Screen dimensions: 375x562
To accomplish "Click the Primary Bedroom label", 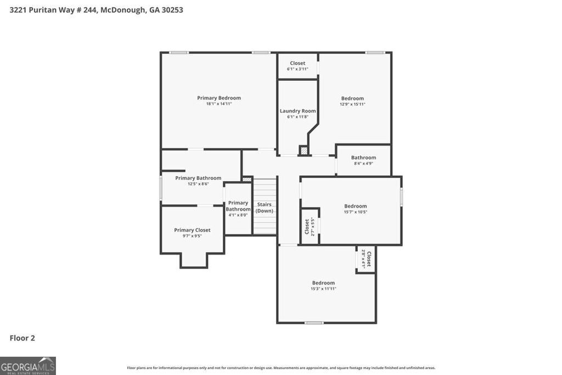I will (219, 98).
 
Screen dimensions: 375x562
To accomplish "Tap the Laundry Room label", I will (297, 111).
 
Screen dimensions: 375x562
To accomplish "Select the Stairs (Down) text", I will (265, 208).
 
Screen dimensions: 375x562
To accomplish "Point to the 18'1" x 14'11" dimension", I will (219, 104).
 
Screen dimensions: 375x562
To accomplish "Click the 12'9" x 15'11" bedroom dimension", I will (352, 104).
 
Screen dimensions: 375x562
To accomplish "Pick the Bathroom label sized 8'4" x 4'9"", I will (363, 158).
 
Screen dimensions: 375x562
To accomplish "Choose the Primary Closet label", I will (192, 230).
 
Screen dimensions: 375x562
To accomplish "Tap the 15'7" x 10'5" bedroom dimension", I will (355, 212).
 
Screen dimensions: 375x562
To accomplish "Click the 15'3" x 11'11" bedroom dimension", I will (323, 289).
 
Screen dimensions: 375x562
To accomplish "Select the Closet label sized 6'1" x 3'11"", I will (297, 63).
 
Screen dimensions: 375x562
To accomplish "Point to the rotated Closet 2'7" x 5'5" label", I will (310, 226).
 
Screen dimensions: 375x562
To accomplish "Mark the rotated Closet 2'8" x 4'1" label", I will (366, 259).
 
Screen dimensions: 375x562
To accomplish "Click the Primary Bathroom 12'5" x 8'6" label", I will (198, 178).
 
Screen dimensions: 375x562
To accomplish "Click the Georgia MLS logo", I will (28, 366).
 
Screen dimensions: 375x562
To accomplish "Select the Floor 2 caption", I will (22, 338).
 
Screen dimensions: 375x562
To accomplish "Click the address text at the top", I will (97, 9).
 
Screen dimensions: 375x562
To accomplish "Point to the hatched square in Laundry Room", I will (304, 150).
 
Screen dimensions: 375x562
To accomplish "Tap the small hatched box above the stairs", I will (247, 178).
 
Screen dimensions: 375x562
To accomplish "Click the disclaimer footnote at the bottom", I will (281, 368).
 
